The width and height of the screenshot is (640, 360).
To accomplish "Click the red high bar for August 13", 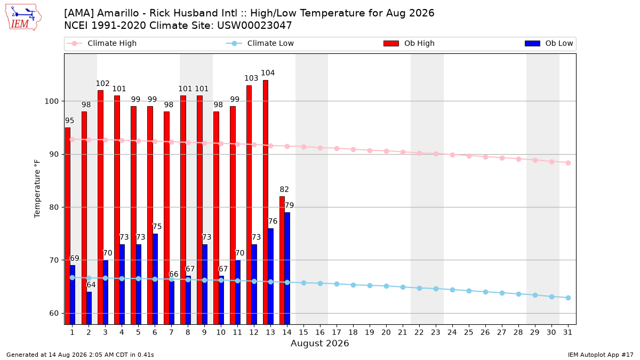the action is point(266,202).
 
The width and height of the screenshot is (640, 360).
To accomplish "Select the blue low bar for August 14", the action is point(287,268).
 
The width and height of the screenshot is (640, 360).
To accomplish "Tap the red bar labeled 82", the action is point(282,260).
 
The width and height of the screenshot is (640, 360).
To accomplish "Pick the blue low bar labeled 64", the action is point(89,308).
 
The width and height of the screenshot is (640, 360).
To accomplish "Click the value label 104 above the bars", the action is point(268,73).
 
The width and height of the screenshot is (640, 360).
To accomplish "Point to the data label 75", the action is point(157,227).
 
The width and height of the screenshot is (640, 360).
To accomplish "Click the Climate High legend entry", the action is point(102,43).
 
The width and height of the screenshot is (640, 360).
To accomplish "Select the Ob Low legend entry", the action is point(549,43).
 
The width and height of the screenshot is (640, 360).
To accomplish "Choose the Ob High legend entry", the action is point(409,43).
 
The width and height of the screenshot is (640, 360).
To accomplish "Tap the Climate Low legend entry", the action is point(260,43).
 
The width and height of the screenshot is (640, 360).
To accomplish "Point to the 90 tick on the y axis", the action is point(54,154).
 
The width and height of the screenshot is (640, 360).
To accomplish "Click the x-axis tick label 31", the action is point(567,332).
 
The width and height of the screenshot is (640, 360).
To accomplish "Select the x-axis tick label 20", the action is point(386,332).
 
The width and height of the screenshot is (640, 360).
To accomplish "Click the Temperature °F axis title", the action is point(37,189).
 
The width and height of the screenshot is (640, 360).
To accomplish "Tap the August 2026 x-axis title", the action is point(319,343).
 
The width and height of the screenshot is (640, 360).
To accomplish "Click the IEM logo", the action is point(23,17).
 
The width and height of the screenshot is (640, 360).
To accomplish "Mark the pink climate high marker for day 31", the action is point(569,163).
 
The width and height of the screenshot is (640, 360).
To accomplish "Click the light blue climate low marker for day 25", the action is point(469,291).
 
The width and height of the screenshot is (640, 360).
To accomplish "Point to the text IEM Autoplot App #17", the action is point(601,355).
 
